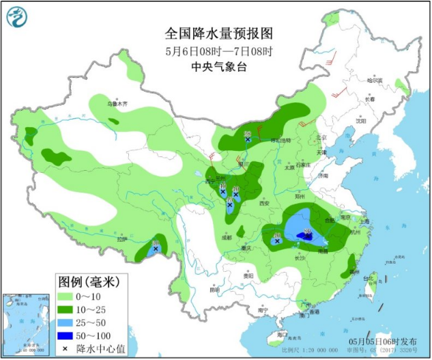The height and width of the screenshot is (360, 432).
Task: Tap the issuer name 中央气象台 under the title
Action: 218,67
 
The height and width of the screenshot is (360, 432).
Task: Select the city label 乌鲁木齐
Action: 117,104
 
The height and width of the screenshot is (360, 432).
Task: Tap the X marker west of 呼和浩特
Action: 248,139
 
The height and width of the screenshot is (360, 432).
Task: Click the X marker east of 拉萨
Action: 156,249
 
